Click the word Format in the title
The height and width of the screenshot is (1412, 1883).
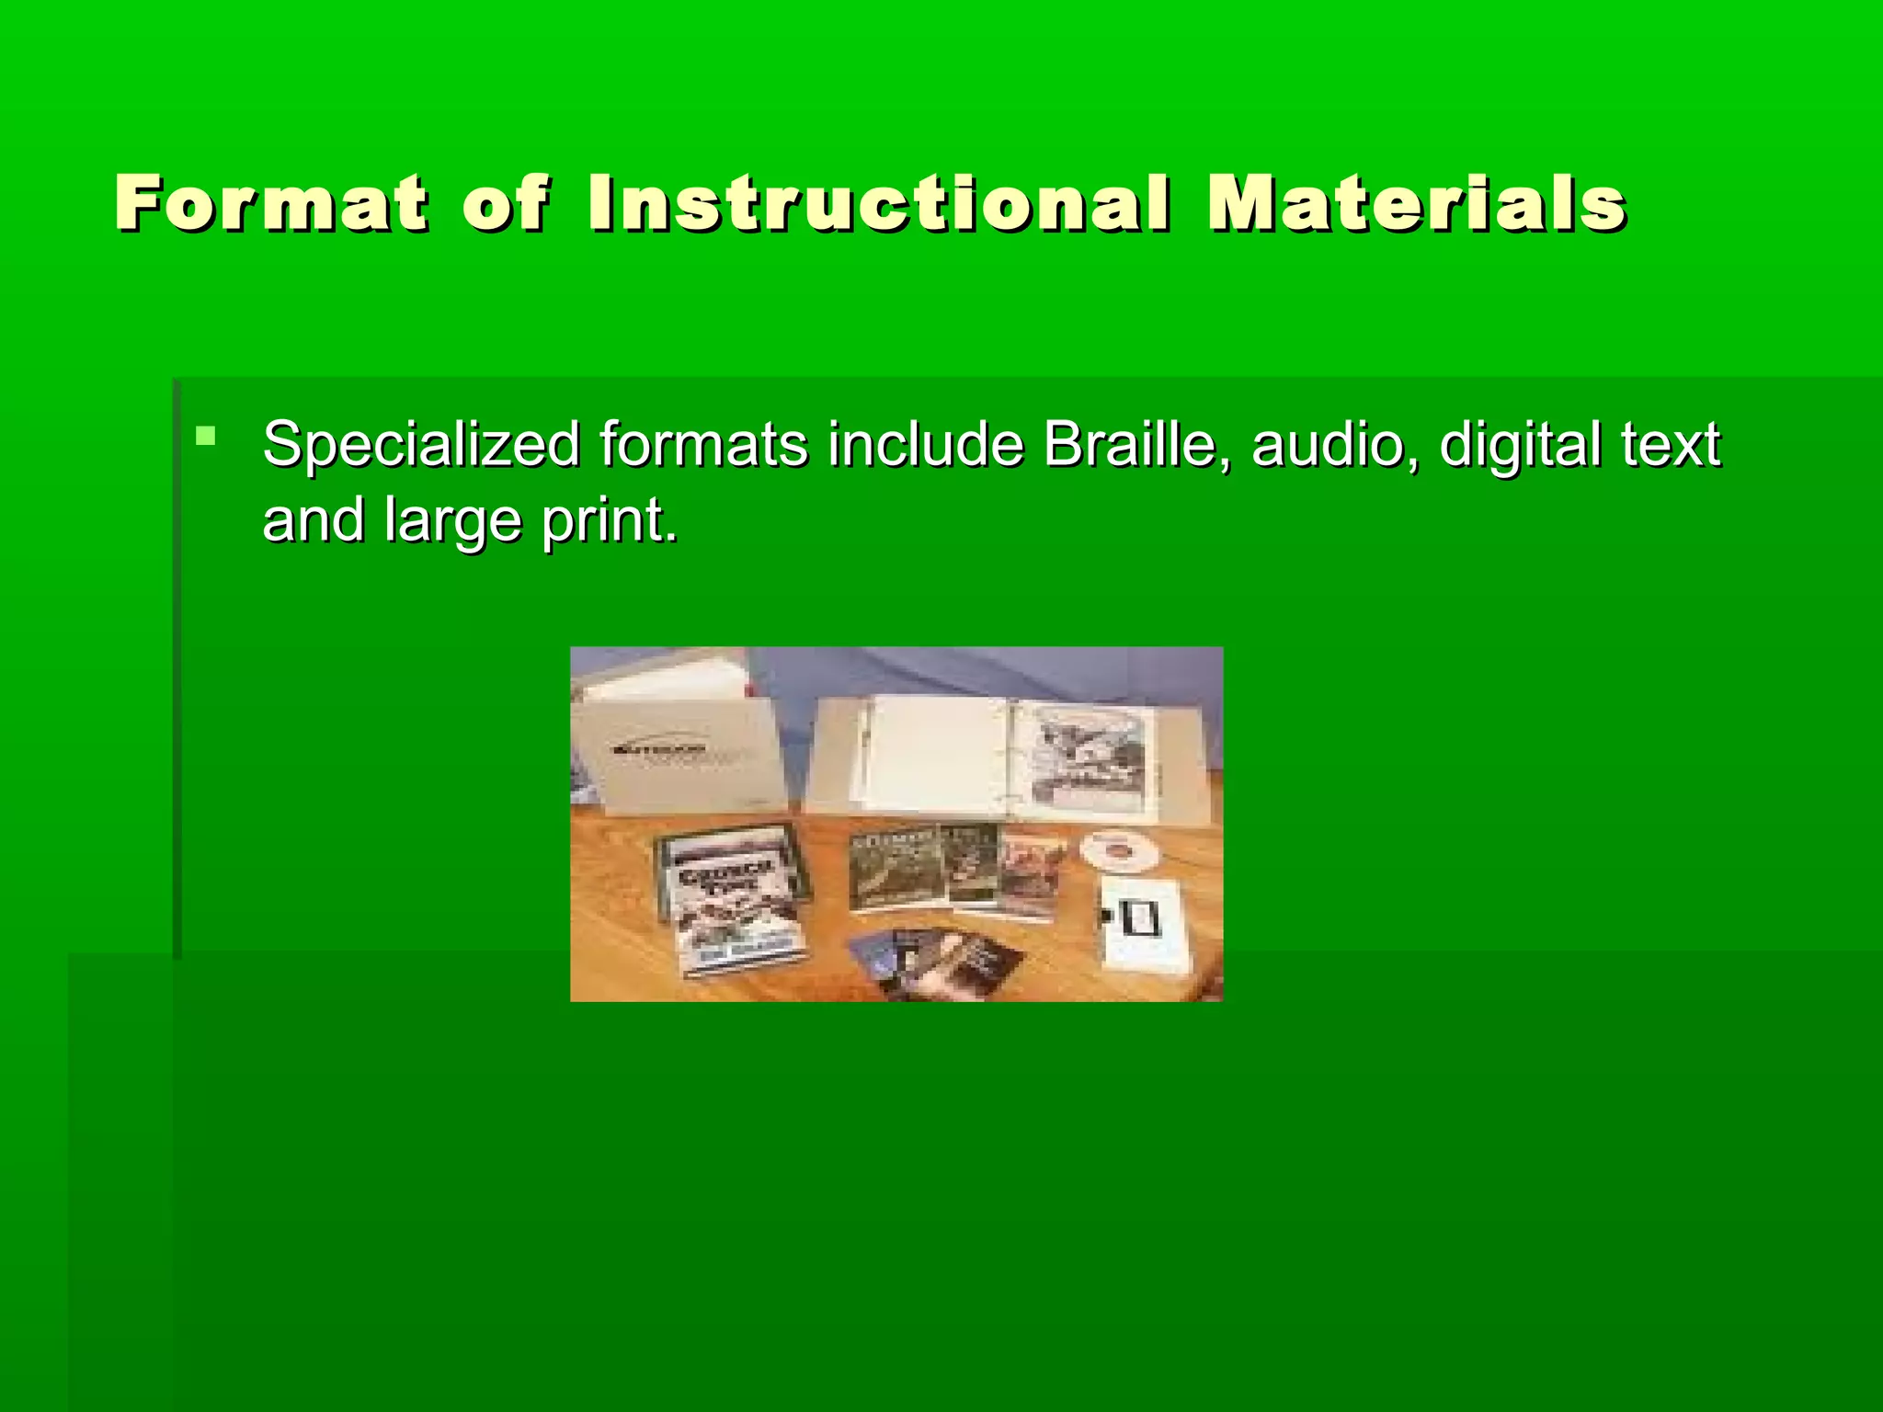[271, 203]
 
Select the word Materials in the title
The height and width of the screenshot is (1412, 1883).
[1417, 203]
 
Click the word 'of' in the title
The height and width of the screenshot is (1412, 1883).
[506, 203]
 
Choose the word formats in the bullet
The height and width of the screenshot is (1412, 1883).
[704, 445]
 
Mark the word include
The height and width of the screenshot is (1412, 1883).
[925, 445]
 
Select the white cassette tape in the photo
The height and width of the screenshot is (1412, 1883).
[1143, 924]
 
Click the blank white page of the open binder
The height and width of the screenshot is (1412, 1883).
[929, 758]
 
